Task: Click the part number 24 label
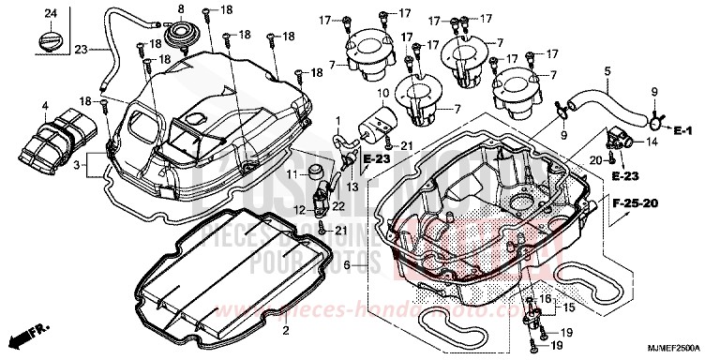pyautogui.click(x=51, y=12)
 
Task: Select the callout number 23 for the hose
pyautogui.click(x=81, y=49)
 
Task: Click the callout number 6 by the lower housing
pyautogui.click(x=347, y=266)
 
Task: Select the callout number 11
pyautogui.click(x=292, y=174)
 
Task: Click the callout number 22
pyautogui.click(x=337, y=205)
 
